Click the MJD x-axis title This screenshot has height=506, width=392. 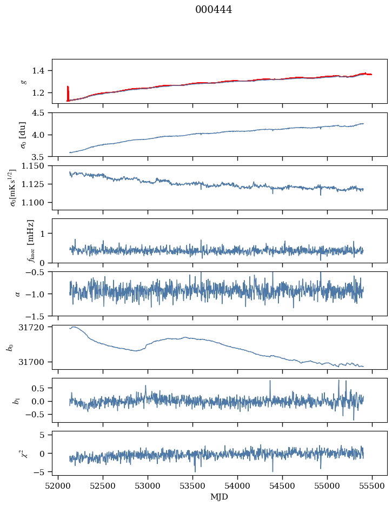(x=219, y=497)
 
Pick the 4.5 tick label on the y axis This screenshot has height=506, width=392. (x=39, y=113)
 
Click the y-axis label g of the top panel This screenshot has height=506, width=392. (x=23, y=82)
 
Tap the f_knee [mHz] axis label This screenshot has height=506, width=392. (x=30, y=241)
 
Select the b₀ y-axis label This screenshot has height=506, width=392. (x=9, y=347)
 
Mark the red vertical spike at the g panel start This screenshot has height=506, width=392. (x=68, y=93)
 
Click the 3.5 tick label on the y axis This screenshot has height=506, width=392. (x=39, y=157)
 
